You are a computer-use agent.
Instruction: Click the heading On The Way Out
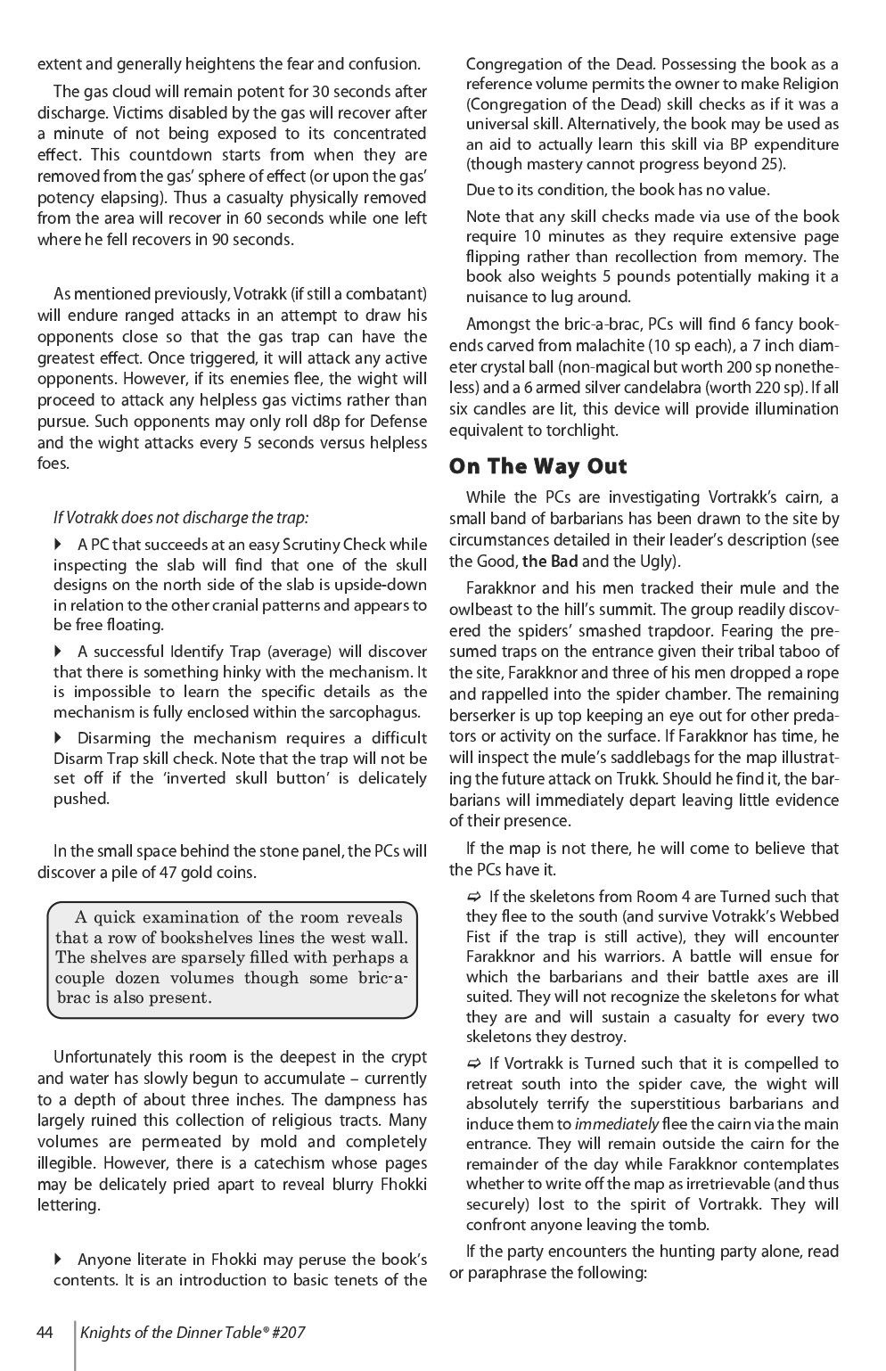point(537,466)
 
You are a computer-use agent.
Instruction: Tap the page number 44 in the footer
point(45,1333)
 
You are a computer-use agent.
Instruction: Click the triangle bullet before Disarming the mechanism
point(60,737)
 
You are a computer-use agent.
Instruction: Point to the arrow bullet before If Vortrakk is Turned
point(473,1063)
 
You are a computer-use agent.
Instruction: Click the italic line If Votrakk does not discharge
point(181,517)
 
